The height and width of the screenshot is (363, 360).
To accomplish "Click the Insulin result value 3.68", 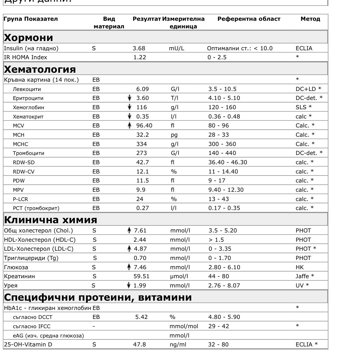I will pos(139,48).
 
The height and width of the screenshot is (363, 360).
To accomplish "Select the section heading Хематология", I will pos(40,69).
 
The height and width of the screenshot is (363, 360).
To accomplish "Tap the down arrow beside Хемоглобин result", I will pos(129,107).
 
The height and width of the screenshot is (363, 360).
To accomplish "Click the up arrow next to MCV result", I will pos(129,125).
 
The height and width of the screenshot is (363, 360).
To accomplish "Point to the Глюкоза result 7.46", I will pos(140,267).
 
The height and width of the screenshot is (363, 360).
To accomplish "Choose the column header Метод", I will pos(310,19).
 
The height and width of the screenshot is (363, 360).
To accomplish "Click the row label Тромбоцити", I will pos(28,153).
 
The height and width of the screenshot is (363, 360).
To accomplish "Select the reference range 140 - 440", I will pos(222,153).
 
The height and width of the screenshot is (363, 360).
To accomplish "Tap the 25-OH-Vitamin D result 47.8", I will pos(139,344).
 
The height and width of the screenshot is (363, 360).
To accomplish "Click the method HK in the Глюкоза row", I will pos(299,267).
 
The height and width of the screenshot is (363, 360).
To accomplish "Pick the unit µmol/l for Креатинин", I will pos(179,276).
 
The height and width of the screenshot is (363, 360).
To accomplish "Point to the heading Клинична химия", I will pos(50,219).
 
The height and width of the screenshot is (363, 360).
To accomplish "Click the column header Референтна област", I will pos(249,19).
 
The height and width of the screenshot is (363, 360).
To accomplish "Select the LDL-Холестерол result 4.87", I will pos(140,249).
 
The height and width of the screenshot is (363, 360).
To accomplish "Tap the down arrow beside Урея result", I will pos(129,286).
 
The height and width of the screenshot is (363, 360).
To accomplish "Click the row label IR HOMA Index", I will pos(26,57).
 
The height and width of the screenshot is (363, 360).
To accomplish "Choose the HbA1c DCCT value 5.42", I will pos(141,317).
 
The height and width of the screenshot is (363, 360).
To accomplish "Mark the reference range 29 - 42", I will pos(218,326).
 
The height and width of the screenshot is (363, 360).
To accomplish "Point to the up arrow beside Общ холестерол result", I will pos(129,230).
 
